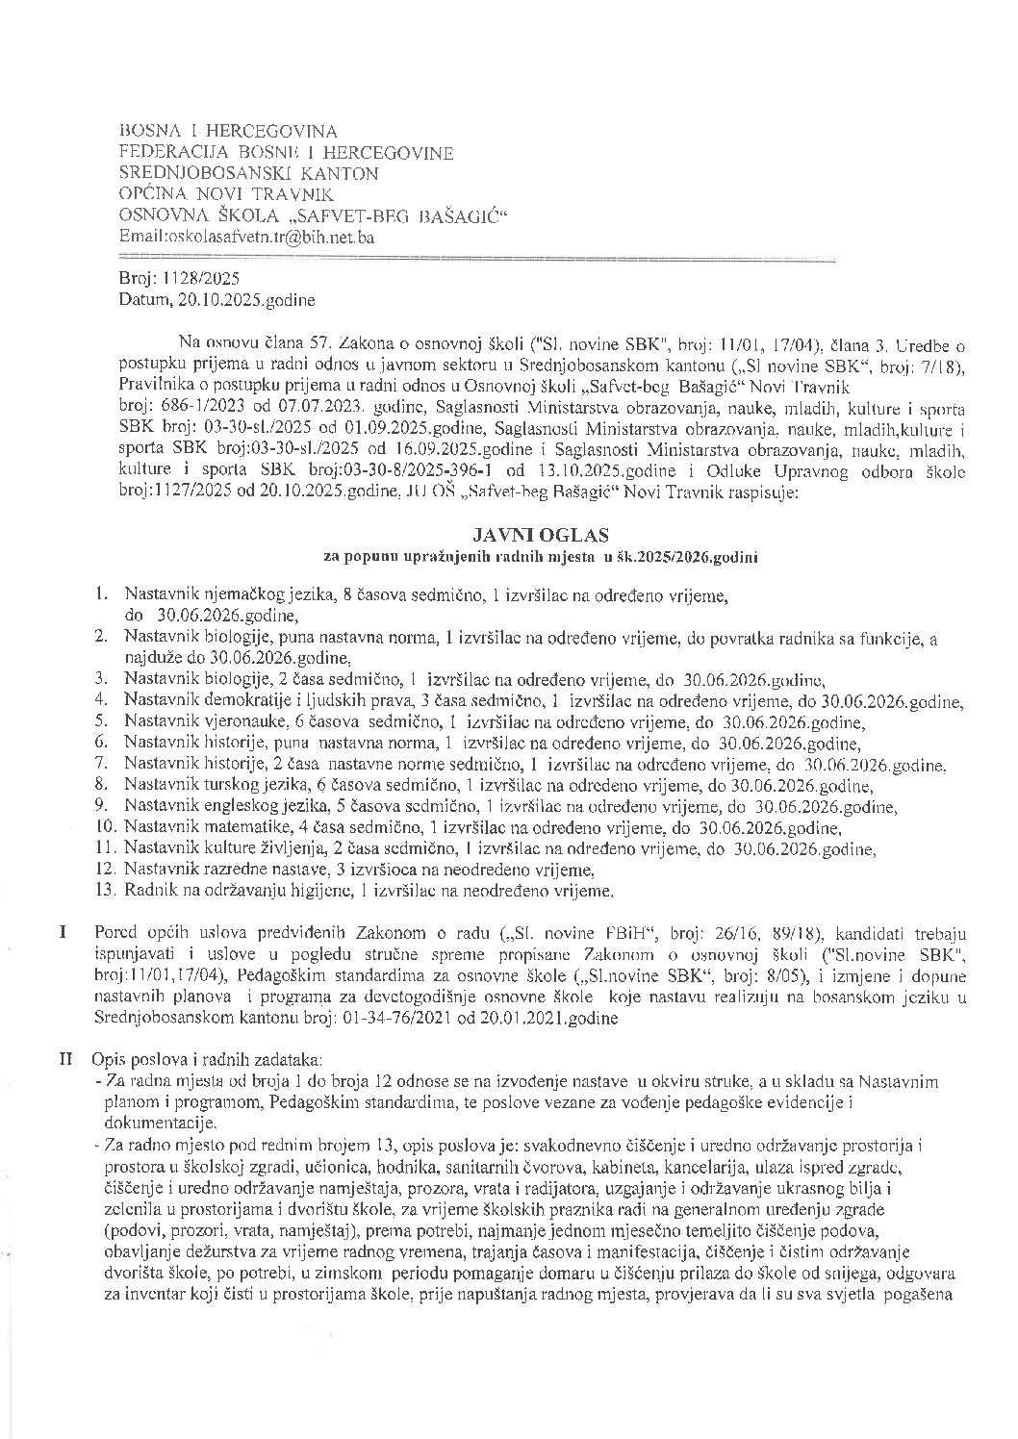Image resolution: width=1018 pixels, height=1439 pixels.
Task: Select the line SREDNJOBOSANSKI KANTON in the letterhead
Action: (x=248, y=173)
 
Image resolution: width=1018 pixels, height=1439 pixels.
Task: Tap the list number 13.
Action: (x=107, y=891)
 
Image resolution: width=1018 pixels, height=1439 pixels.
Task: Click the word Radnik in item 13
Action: (x=147, y=891)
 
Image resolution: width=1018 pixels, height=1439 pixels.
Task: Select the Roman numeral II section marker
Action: (x=66, y=1059)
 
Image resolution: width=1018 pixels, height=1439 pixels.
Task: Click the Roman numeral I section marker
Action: (x=64, y=933)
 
